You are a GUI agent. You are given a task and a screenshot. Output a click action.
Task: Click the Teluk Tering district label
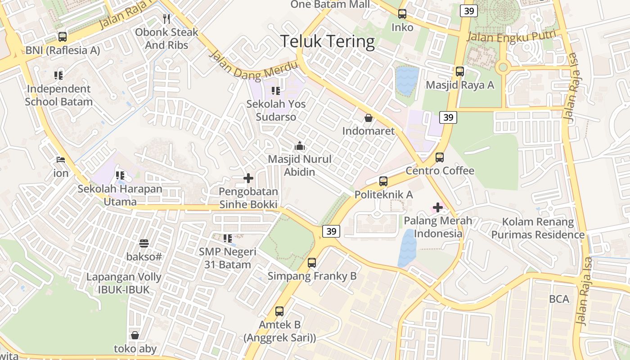click(328, 41)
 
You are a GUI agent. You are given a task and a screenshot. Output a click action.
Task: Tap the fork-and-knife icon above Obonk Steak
click(166, 19)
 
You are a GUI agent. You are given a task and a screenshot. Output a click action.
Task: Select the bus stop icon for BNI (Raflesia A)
click(63, 37)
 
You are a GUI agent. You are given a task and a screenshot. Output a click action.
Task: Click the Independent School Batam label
click(58, 95)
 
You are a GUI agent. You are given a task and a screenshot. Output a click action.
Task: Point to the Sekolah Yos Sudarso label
click(276, 110)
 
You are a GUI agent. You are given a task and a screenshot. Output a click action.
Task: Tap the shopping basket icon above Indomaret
click(369, 118)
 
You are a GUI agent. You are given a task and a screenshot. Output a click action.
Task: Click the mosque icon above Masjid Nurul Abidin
click(300, 146)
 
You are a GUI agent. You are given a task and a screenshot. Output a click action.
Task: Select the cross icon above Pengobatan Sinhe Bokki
click(248, 179)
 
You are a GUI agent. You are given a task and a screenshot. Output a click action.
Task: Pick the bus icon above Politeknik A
click(383, 181)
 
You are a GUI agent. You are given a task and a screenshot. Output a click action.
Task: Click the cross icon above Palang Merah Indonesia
click(437, 207)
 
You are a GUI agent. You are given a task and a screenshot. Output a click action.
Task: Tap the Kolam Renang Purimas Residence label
click(538, 228)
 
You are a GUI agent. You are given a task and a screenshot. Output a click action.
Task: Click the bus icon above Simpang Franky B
click(312, 263)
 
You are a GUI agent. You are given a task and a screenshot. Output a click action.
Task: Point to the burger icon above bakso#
click(144, 243)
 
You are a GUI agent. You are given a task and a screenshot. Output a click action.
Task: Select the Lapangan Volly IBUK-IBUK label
click(124, 283)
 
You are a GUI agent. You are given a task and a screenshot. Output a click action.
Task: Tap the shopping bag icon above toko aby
click(135, 335)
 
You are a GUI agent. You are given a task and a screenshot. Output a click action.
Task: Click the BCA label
click(559, 299)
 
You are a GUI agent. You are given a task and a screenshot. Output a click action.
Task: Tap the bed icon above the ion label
click(61, 160)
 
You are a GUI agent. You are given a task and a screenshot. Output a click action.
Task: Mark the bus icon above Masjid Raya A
click(459, 72)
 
